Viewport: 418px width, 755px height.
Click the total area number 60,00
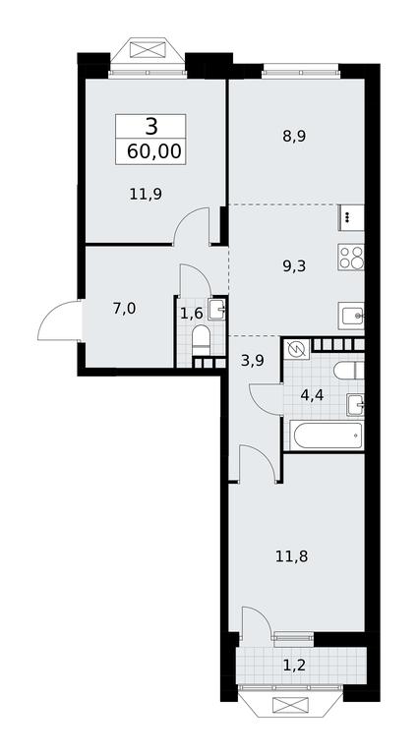click(154, 151)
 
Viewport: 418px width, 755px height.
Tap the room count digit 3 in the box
click(151, 127)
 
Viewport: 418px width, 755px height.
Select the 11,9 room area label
click(145, 194)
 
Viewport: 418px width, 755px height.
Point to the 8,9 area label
click(294, 137)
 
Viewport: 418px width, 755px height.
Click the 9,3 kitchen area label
click(295, 265)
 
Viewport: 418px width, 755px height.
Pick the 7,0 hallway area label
click(124, 309)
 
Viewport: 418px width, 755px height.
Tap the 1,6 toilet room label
click(191, 314)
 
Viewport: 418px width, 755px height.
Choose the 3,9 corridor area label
click(253, 360)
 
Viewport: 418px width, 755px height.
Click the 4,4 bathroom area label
click(312, 395)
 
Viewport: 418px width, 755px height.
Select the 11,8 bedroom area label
click(292, 557)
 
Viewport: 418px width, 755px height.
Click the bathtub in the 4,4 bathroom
click(326, 436)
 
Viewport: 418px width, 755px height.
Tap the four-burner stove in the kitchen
click(350, 257)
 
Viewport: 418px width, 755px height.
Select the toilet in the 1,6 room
click(201, 339)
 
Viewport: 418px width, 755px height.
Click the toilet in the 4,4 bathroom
click(348, 371)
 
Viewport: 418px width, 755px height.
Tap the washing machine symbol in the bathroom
click(297, 350)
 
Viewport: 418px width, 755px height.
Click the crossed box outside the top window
click(148, 50)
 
